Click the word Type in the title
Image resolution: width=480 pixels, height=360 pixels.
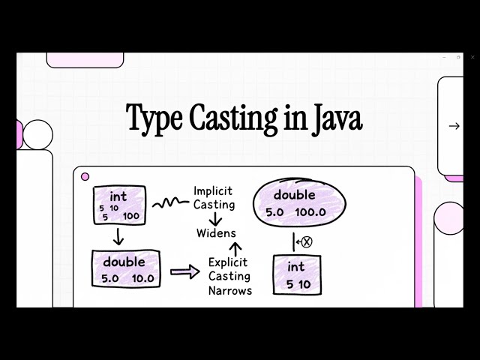[x=154, y=119]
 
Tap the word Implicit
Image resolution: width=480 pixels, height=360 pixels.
[x=214, y=190]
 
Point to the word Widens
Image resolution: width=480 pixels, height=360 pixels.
[x=216, y=232]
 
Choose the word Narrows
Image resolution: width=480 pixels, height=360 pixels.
[x=230, y=290]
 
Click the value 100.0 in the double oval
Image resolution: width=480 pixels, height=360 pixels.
[x=310, y=212]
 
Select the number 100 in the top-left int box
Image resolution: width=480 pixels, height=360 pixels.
[x=130, y=216]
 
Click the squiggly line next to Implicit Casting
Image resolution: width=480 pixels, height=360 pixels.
[x=170, y=202]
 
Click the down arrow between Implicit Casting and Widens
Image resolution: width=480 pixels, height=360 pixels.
[x=215, y=218]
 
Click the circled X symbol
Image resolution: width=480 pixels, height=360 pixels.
[x=306, y=242]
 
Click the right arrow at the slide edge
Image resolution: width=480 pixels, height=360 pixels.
[x=454, y=126]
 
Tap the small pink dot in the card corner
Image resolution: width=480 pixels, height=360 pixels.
[x=85, y=177]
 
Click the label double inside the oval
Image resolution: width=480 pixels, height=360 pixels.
[x=294, y=195]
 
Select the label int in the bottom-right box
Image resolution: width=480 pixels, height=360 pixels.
[x=296, y=266]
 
